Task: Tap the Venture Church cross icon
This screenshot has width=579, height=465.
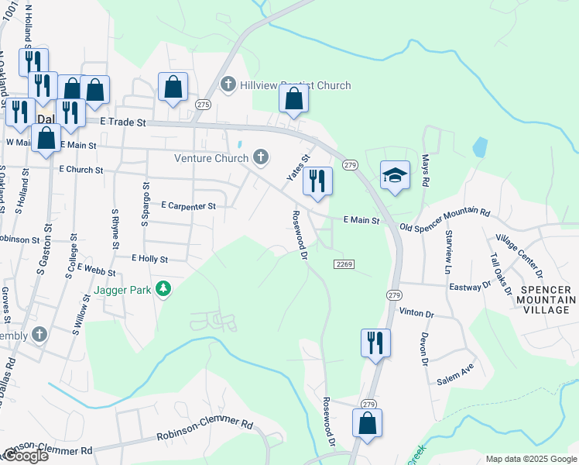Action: (261, 158)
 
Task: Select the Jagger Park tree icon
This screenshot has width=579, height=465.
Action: (163, 290)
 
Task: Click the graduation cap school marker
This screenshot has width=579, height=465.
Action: (394, 177)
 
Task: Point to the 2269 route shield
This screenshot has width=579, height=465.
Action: (344, 264)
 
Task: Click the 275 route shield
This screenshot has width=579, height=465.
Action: (203, 105)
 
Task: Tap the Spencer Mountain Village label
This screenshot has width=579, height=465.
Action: (547, 299)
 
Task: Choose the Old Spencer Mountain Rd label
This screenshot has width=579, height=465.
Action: (445, 219)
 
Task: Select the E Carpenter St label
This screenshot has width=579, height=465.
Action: (188, 206)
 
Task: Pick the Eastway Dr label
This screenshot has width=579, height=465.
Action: (470, 286)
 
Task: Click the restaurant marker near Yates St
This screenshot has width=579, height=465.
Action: (317, 181)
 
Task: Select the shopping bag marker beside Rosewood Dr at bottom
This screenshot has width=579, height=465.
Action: (367, 423)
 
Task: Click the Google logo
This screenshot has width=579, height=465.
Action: (26, 456)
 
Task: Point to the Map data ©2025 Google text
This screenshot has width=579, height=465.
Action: (530, 459)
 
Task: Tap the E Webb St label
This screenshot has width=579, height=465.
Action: (96, 272)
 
